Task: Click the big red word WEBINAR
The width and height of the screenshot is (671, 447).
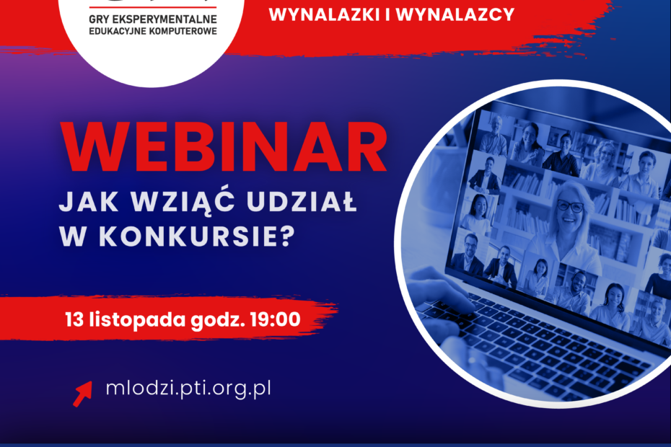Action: (224, 147)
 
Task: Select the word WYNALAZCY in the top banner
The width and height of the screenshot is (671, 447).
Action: (455, 15)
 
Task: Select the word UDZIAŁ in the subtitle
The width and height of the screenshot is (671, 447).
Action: (302, 202)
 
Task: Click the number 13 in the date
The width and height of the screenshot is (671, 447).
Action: (74, 319)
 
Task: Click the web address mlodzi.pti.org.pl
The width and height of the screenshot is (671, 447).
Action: (188, 389)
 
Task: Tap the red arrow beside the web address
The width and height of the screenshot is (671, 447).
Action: (82, 394)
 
